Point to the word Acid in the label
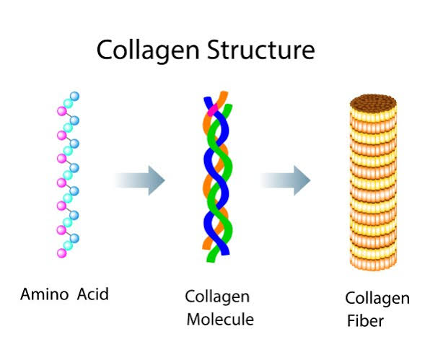click(x=92, y=294)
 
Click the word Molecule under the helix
click(x=220, y=320)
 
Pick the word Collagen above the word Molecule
click(x=217, y=297)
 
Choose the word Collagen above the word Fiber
click(x=377, y=299)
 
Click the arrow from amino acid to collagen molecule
click(x=140, y=180)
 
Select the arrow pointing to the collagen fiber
click(x=286, y=180)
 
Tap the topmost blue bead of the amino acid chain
click(x=74, y=96)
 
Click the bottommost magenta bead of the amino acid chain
click(x=61, y=253)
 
